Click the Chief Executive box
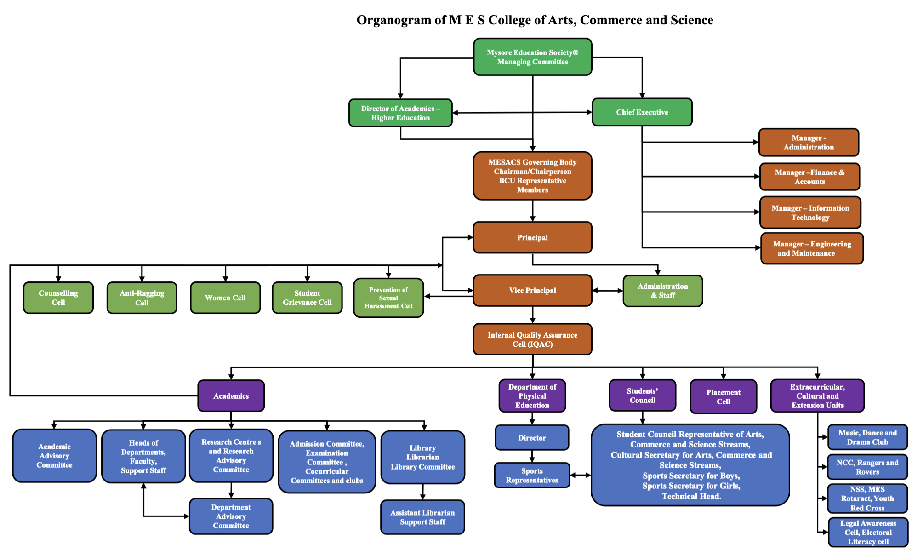(x=642, y=112)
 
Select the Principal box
(x=532, y=238)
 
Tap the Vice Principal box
(x=532, y=291)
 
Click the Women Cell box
(x=225, y=298)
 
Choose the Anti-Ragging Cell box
(x=142, y=298)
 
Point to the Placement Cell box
(x=723, y=397)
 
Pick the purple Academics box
(x=231, y=396)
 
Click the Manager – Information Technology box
(x=810, y=213)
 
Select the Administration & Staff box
(x=662, y=291)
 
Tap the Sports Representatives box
(x=532, y=476)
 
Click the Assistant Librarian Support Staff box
(x=422, y=517)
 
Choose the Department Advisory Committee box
(x=231, y=516)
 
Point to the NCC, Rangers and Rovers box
(x=867, y=467)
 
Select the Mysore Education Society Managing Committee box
(x=532, y=57)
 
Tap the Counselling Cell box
(x=58, y=298)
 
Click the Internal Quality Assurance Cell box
(x=532, y=339)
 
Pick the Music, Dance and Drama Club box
(x=867, y=437)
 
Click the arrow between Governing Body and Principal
(x=533, y=211)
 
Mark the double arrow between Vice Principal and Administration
(x=607, y=291)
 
